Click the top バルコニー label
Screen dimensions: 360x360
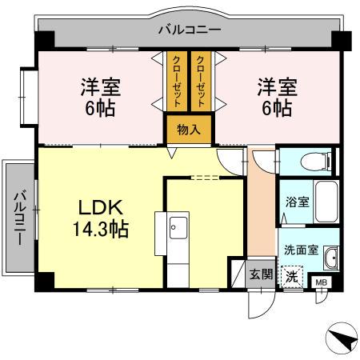coord(189,30)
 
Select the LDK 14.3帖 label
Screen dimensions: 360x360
coord(101,218)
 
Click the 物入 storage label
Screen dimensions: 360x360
coord(189,129)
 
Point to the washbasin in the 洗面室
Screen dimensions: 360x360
coord(330,258)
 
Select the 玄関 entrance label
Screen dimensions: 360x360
coord(261,274)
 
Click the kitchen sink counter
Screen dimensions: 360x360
coord(178,244)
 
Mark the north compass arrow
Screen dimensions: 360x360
coord(345,339)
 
